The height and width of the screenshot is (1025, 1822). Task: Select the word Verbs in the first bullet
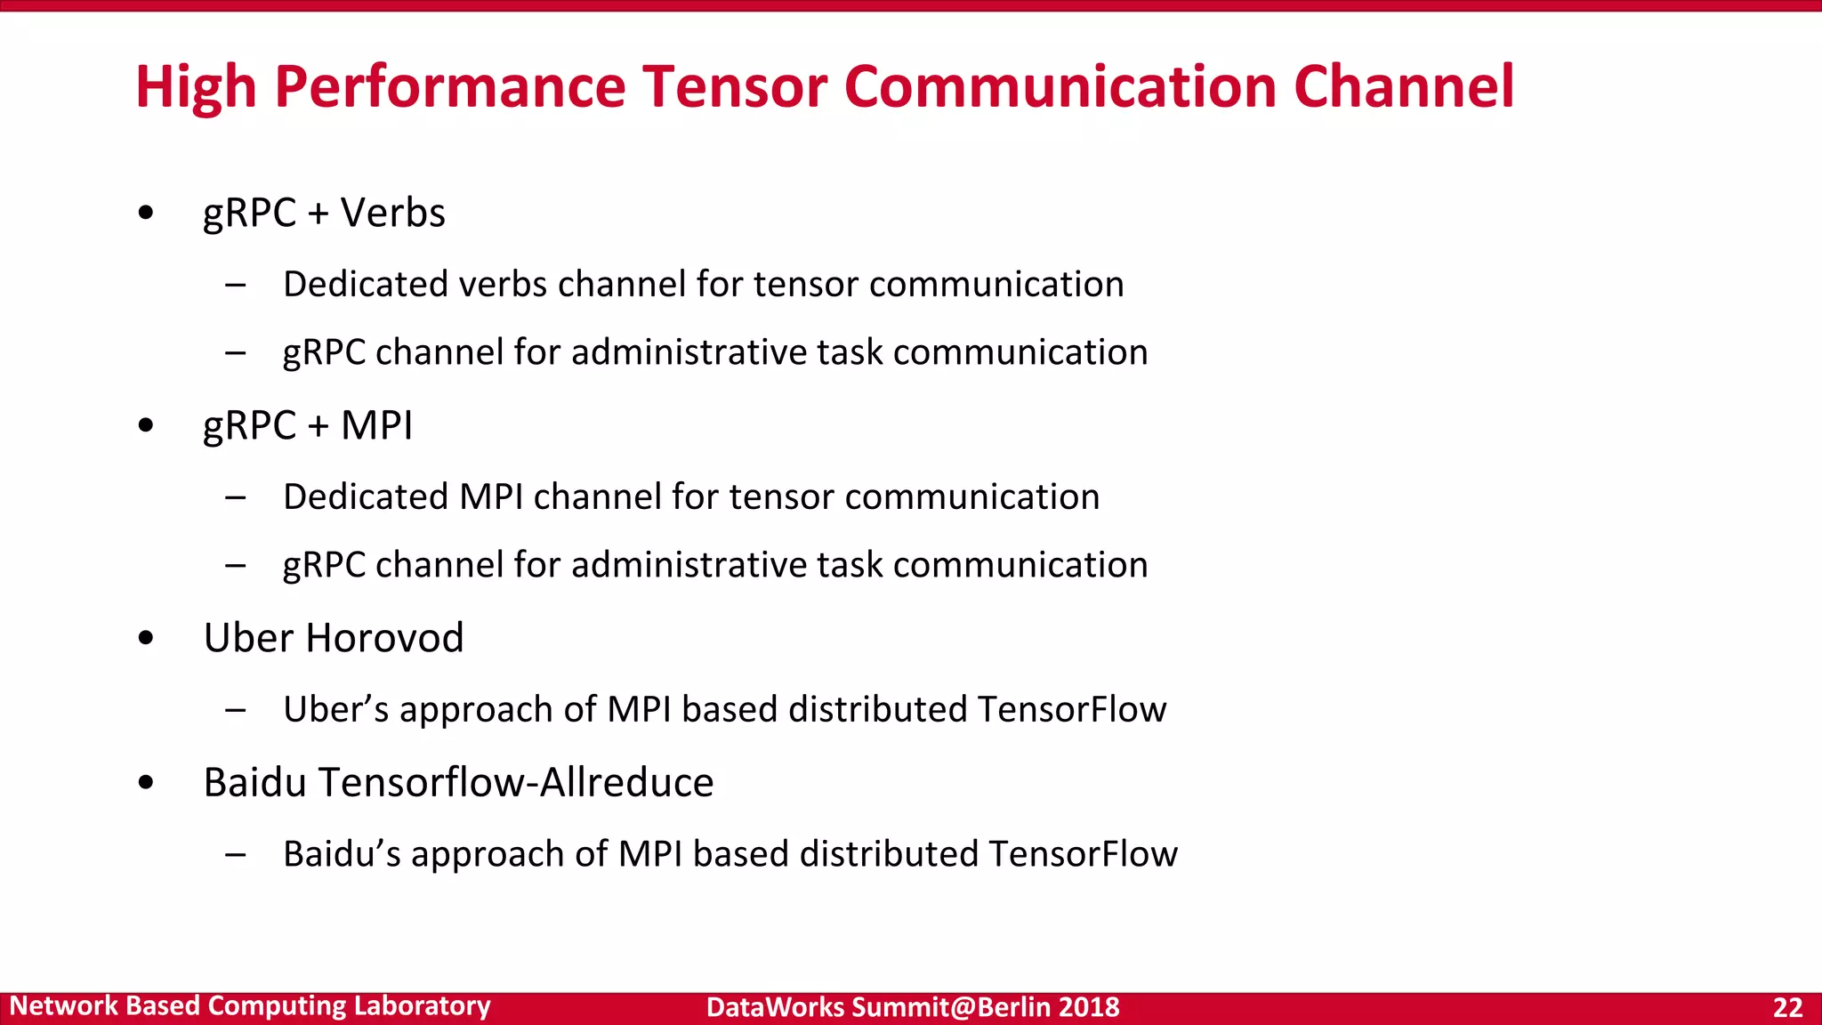(x=392, y=214)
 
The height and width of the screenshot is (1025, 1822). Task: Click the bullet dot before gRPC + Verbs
(x=146, y=214)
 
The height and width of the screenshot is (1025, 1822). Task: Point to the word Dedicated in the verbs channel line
(x=366, y=285)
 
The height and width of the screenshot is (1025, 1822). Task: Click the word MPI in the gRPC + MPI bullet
(x=376, y=425)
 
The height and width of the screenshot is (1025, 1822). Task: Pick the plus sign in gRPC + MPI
(x=318, y=427)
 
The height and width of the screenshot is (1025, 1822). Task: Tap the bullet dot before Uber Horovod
(x=146, y=638)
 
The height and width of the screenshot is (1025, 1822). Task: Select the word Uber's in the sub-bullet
(x=336, y=710)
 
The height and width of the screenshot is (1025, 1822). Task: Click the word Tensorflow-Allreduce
(x=516, y=783)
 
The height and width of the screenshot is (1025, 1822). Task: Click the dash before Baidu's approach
(x=236, y=855)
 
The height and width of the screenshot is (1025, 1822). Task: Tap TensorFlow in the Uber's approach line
(x=1071, y=710)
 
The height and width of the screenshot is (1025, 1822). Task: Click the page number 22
(x=1787, y=1007)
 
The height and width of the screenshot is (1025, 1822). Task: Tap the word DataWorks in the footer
(x=774, y=1007)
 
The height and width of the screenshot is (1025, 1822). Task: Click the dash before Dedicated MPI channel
(x=236, y=497)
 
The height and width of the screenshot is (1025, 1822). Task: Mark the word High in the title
(x=196, y=87)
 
